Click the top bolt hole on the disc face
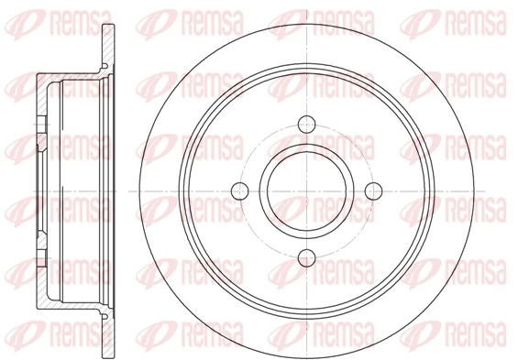(306, 125)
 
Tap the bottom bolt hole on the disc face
(307, 257)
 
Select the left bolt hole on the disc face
(240, 191)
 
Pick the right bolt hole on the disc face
(374, 191)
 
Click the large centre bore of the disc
(307, 191)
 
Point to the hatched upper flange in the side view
(108, 45)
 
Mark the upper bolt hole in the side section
(41, 125)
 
